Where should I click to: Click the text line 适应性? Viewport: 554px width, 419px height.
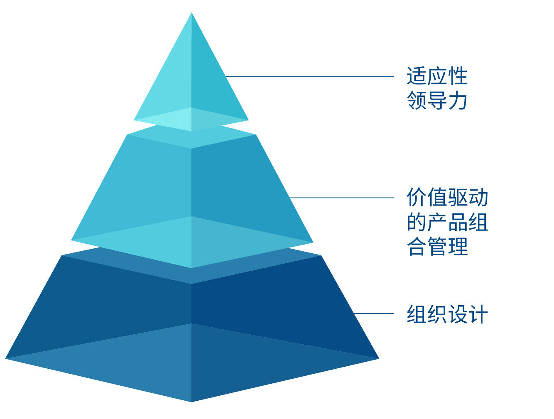pyautogui.click(x=437, y=76)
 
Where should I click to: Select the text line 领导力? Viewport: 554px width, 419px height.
pyautogui.click(x=437, y=100)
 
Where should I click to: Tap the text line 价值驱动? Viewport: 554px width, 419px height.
pyautogui.click(x=447, y=197)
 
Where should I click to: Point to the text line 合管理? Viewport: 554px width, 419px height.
pyautogui.click(x=437, y=246)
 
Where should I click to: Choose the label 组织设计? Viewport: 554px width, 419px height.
pyautogui.click(x=447, y=314)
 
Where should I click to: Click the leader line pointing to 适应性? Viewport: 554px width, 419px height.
pyautogui.click(x=309, y=76)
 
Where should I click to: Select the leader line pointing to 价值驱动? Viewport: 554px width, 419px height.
pyautogui.click(x=341, y=198)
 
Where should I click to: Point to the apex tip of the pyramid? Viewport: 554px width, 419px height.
pyautogui.click(x=191, y=12)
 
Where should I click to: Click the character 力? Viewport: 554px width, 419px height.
pyautogui.click(x=457, y=100)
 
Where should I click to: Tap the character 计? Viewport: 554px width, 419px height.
pyautogui.click(x=478, y=314)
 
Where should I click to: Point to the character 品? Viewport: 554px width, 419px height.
pyautogui.click(x=457, y=222)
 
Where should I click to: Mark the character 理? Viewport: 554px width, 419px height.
pyautogui.click(x=458, y=246)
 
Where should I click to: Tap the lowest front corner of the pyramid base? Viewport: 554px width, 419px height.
pyautogui.click(x=191, y=402)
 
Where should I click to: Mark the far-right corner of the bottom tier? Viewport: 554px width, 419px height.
pyautogui.click(x=379, y=358)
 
